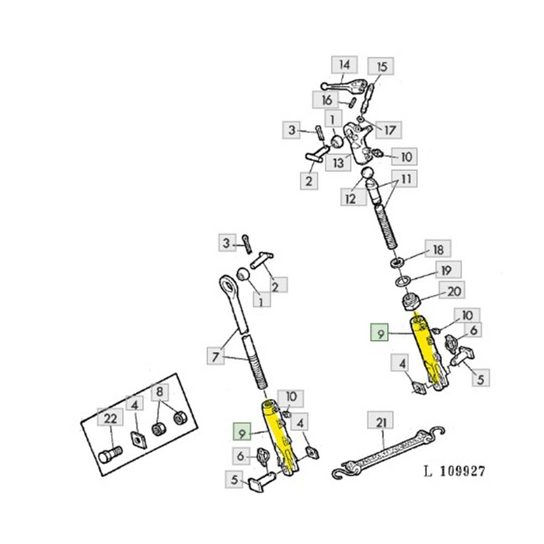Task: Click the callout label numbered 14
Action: (344, 65)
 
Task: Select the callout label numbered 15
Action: (381, 66)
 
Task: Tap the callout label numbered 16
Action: (326, 100)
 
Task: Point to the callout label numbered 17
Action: (389, 130)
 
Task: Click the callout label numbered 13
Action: (338, 162)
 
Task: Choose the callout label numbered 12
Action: (353, 198)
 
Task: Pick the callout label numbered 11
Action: (405, 179)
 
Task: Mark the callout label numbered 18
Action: (438, 249)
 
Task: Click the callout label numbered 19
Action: (448, 270)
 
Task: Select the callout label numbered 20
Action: (452, 291)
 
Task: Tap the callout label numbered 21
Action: (381, 421)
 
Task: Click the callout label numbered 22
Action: (110, 417)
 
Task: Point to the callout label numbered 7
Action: (216, 356)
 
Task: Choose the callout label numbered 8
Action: (159, 392)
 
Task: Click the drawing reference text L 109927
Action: (454, 471)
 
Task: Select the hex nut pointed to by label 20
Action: (411, 302)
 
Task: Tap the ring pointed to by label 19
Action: (402, 281)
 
